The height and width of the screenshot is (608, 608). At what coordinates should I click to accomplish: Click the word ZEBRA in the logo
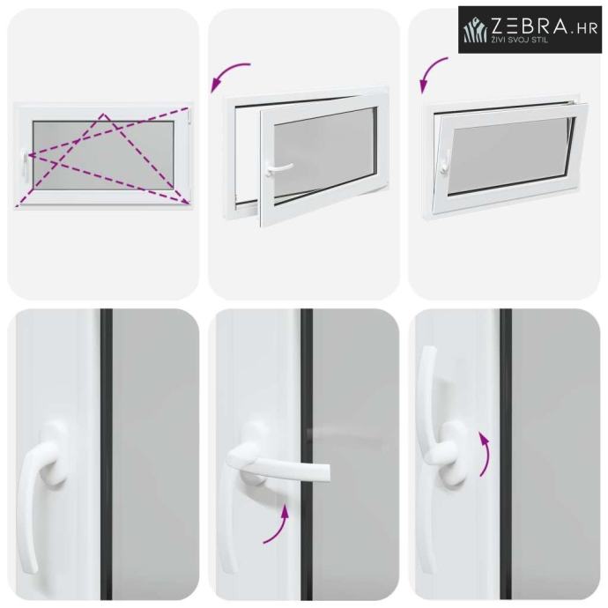click(x=529, y=26)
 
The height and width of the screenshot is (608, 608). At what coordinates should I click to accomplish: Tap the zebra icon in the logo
click(x=476, y=31)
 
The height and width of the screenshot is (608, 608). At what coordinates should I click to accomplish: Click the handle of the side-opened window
click(x=278, y=168)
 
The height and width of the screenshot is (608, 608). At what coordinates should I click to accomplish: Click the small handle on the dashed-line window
click(x=26, y=165)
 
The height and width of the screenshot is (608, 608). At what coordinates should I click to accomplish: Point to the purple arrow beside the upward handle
click(x=486, y=454)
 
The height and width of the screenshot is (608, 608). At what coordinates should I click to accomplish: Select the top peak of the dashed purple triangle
click(x=103, y=114)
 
